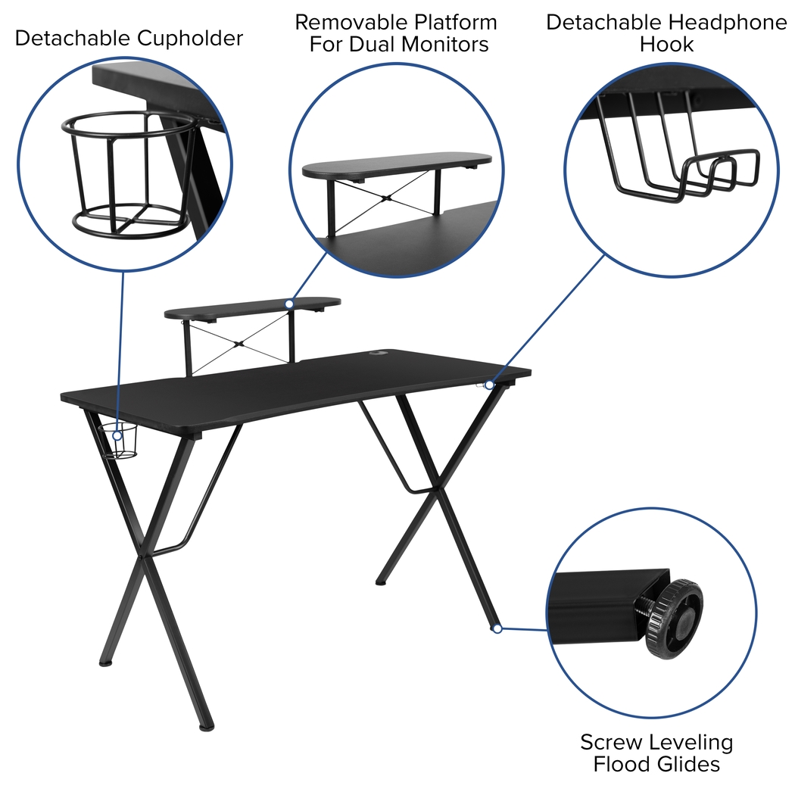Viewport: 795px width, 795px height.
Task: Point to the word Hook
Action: pyautogui.click(x=666, y=44)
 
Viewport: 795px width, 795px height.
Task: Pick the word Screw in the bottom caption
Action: pyautogui.click(x=610, y=741)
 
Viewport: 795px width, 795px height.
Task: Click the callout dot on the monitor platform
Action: pyautogui.click(x=289, y=303)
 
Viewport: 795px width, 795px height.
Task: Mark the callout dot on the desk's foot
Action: pyautogui.click(x=497, y=628)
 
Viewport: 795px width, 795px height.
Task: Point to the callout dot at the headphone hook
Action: pyautogui.click(x=489, y=385)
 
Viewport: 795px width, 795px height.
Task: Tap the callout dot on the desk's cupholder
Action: pyautogui.click(x=118, y=435)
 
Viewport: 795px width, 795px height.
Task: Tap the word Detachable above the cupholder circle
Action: pyautogui.click(x=69, y=39)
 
